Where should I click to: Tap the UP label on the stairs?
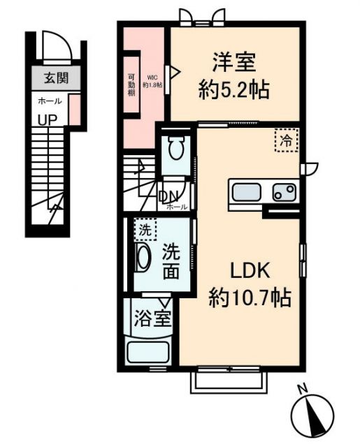point(48,119)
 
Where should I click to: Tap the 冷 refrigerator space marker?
point(285,140)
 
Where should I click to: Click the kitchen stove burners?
point(284,190)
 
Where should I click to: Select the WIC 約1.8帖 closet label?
point(154,82)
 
